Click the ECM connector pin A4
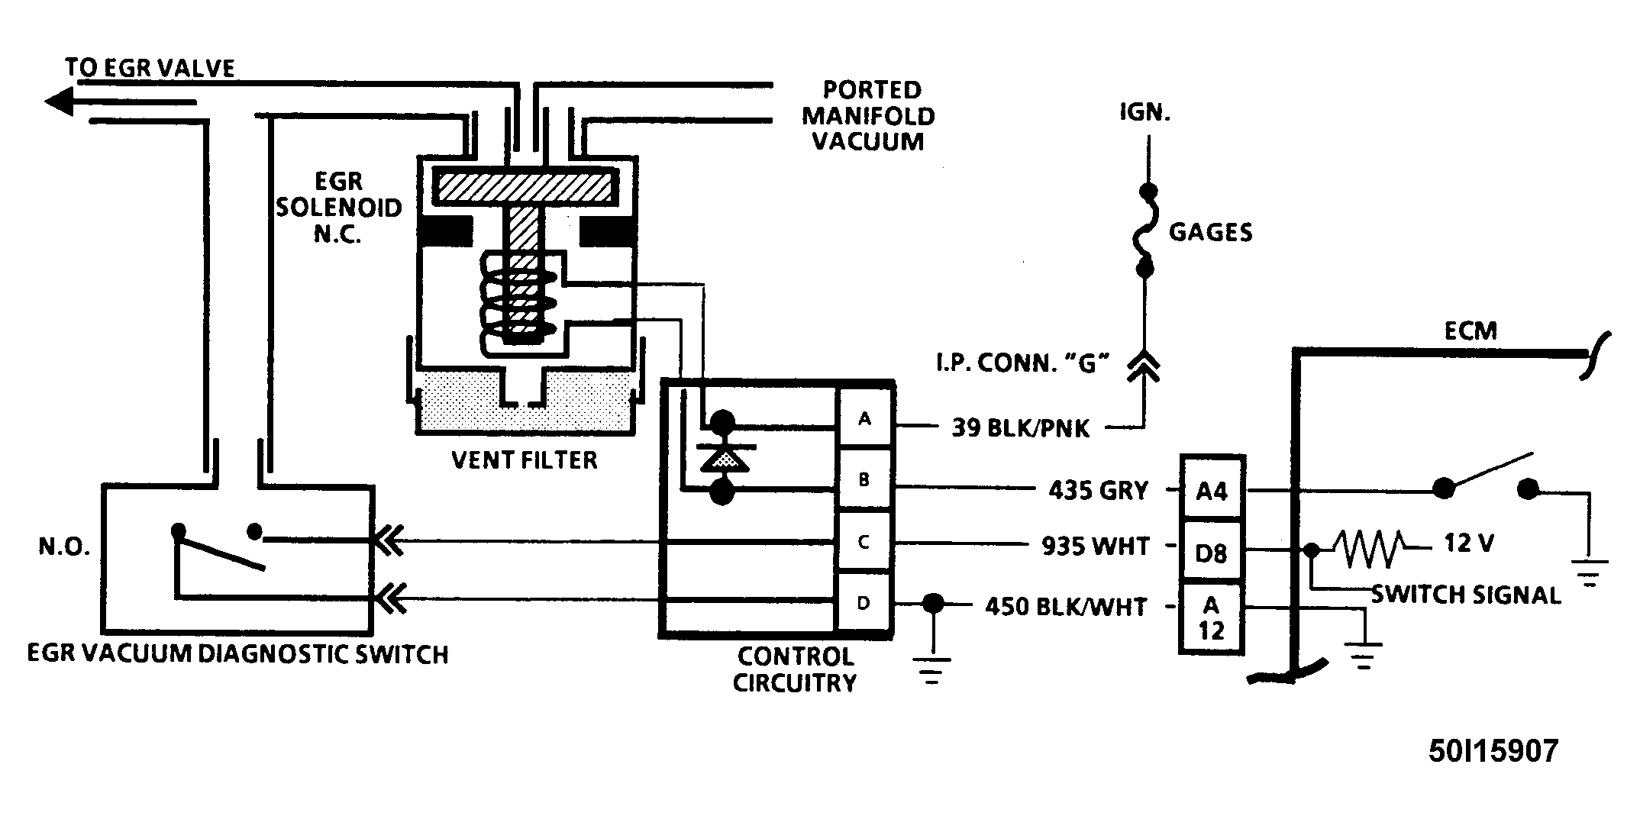click(1212, 488)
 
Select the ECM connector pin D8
click(1212, 551)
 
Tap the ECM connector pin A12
click(1212, 618)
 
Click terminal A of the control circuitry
click(864, 419)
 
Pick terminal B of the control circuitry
click(864, 480)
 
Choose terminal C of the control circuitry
click(864, 541)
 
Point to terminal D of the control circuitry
click(864, 602)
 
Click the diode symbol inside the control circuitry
click(722, 457)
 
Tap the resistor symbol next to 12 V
click(1367, 548)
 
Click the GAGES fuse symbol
click(1145, 230)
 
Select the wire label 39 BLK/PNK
click(1021, 428)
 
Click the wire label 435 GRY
click(1099, 490)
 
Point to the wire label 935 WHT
click(1096, 546)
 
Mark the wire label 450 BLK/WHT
click(1067, 607)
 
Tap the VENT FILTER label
click(525, 460)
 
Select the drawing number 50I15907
click(1493, 752)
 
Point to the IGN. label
click(1145, 114)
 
